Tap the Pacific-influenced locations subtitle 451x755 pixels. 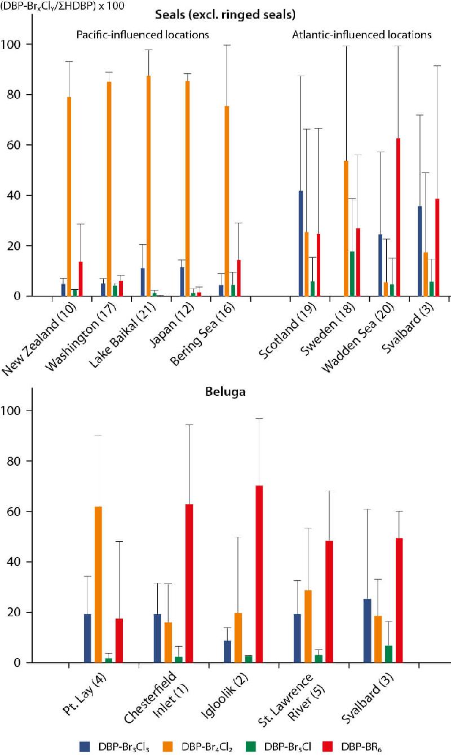tap(143, 35)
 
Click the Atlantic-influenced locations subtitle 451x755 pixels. tap(362, 35)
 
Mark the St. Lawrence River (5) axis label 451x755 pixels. tap(303, 699)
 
